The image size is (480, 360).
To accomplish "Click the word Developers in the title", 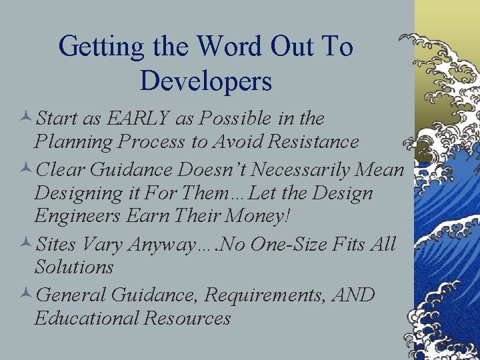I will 206,81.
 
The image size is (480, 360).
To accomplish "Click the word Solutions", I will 74,267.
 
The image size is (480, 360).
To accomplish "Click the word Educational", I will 85,318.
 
